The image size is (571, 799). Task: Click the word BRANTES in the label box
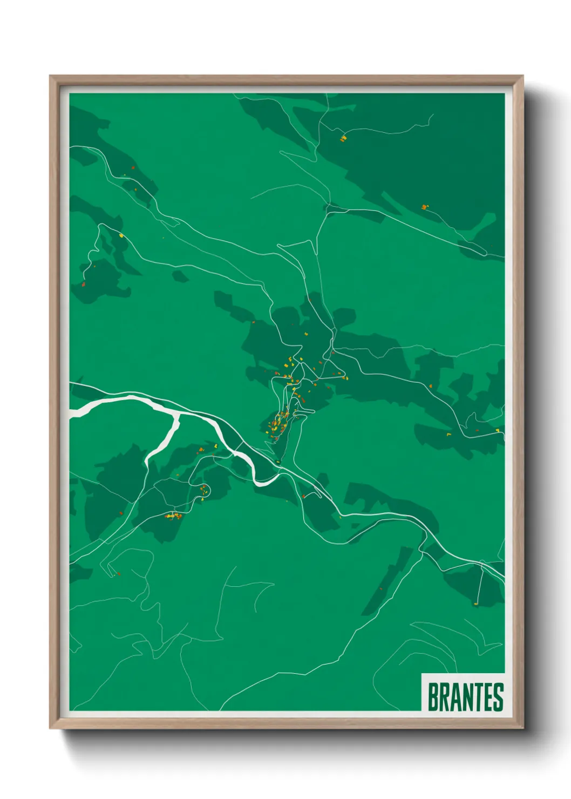(465, 697)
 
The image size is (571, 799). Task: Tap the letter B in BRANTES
(433, 697)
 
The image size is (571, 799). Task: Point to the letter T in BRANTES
(475, 697)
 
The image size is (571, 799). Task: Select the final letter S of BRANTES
(498, 697)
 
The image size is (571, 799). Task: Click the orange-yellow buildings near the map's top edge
(343, 139)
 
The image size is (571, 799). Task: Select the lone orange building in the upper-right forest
(425, 207)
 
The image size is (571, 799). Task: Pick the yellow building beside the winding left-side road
(121, 235)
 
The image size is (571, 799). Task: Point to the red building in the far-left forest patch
(83, 284)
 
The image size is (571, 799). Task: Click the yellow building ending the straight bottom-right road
(476, 604)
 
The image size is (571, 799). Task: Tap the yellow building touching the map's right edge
(497, 430)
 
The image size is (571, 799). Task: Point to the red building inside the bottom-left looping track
(118, 574)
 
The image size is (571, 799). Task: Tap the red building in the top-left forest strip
(133, 168)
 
